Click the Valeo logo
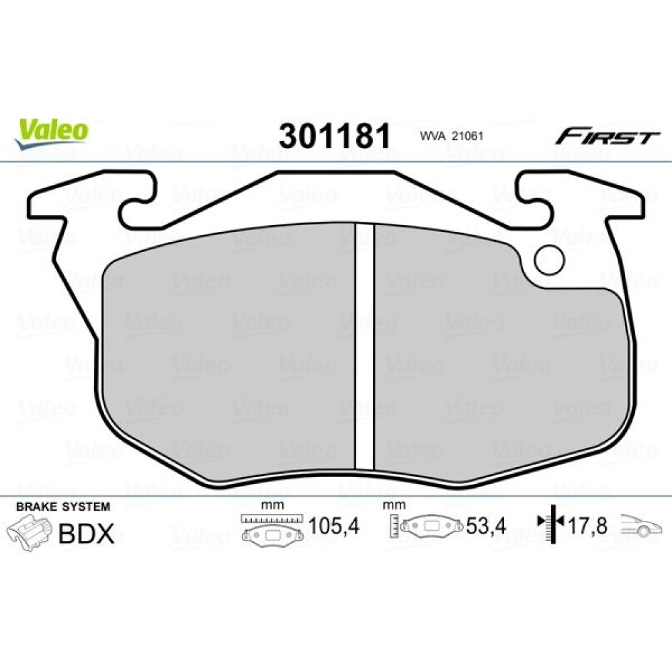click(x=52, y=134)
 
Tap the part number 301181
click(x=335, y=136)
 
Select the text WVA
click(x=433, y=136)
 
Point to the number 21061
click(x=468, y=136)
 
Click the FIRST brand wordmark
click(x=607, y=137)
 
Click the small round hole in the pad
click(x=549, y=259)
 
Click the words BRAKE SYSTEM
click(x=63, y=507)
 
